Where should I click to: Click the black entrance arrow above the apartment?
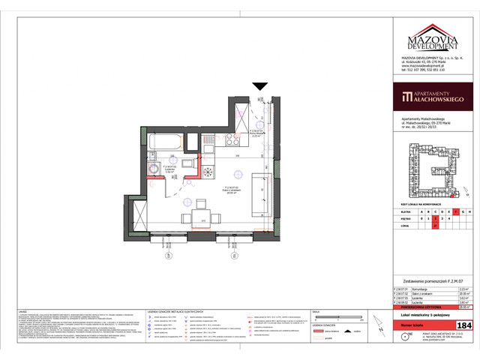[259, 87]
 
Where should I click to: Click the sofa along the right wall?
[262, 193]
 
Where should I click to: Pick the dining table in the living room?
[201, 217]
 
